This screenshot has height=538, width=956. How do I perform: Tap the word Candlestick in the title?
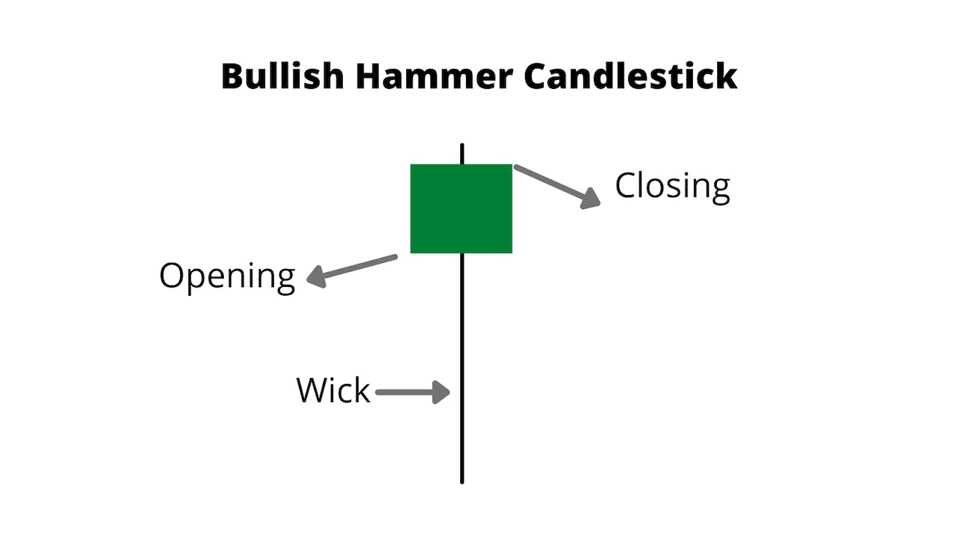point(630,77)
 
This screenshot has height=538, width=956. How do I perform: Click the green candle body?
point(462,208)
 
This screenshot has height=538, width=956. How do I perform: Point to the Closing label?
point(672,186)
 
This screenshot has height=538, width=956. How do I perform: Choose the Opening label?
point(227,276)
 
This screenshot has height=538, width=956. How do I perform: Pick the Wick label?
point(333,391)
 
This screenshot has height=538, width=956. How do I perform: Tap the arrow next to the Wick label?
point(412,392)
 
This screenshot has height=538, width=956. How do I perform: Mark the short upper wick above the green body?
point(462,154)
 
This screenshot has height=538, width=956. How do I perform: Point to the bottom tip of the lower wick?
point(462,481)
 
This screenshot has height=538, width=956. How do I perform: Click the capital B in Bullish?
point(232,77)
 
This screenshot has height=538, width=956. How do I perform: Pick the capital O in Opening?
point(171,275)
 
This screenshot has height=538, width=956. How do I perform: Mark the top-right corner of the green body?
point(512,165)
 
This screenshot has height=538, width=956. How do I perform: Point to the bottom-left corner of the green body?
point(412,252)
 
